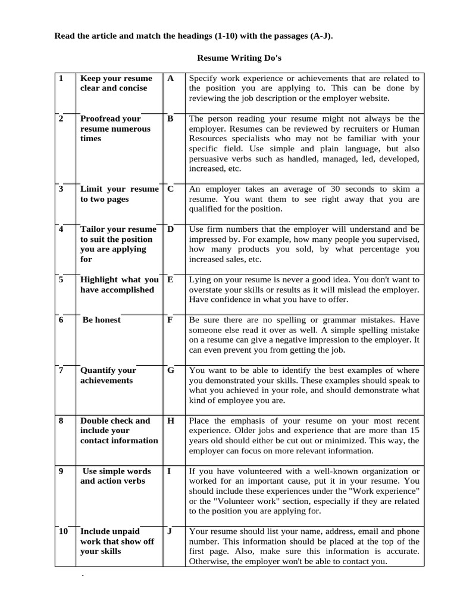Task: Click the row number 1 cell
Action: [61, 79]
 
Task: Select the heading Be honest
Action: [101, 320]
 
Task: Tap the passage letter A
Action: [171, 79]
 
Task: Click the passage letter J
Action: [170, 531]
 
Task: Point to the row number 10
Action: [63, 531]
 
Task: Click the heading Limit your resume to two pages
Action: [119, 194]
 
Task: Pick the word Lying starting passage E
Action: [200, 279]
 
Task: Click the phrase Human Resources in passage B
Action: [387, 129]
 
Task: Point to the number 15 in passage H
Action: [414, 431]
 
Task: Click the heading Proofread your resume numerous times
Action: [115, 129]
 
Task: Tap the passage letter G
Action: [171, 370]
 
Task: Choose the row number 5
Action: [61, 279]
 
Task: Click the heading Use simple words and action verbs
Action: [115, 476]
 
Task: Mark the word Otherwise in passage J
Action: [208, 561]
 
